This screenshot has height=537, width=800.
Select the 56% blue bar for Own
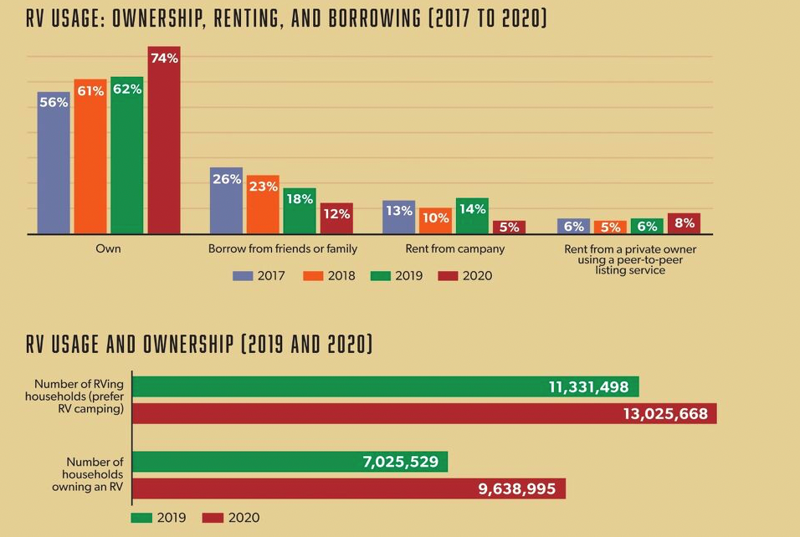(x=54, y=163)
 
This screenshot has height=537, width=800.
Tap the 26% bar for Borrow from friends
(x=226, y=201)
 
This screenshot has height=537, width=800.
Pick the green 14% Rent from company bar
(x=472, y=216)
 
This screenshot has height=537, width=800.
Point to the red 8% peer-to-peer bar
(x=684, y=223)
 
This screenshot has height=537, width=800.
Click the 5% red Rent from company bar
(x=509, y=228)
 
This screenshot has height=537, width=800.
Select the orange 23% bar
(x=263, y=205)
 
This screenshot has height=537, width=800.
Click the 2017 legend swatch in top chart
(x=242, y=275)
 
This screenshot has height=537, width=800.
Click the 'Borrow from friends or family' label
(x=282, y=249)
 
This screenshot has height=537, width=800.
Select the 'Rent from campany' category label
(x=454, y=249)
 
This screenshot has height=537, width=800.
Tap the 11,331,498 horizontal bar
(x=386, y=386)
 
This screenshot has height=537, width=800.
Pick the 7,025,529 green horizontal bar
(x=290, y=462)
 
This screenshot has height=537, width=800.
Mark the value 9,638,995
(x=516, y=488)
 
